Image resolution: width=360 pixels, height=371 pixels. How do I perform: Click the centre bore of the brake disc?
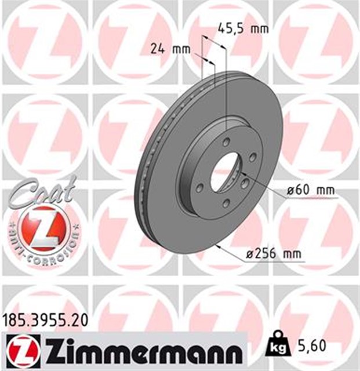click(223, 172)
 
